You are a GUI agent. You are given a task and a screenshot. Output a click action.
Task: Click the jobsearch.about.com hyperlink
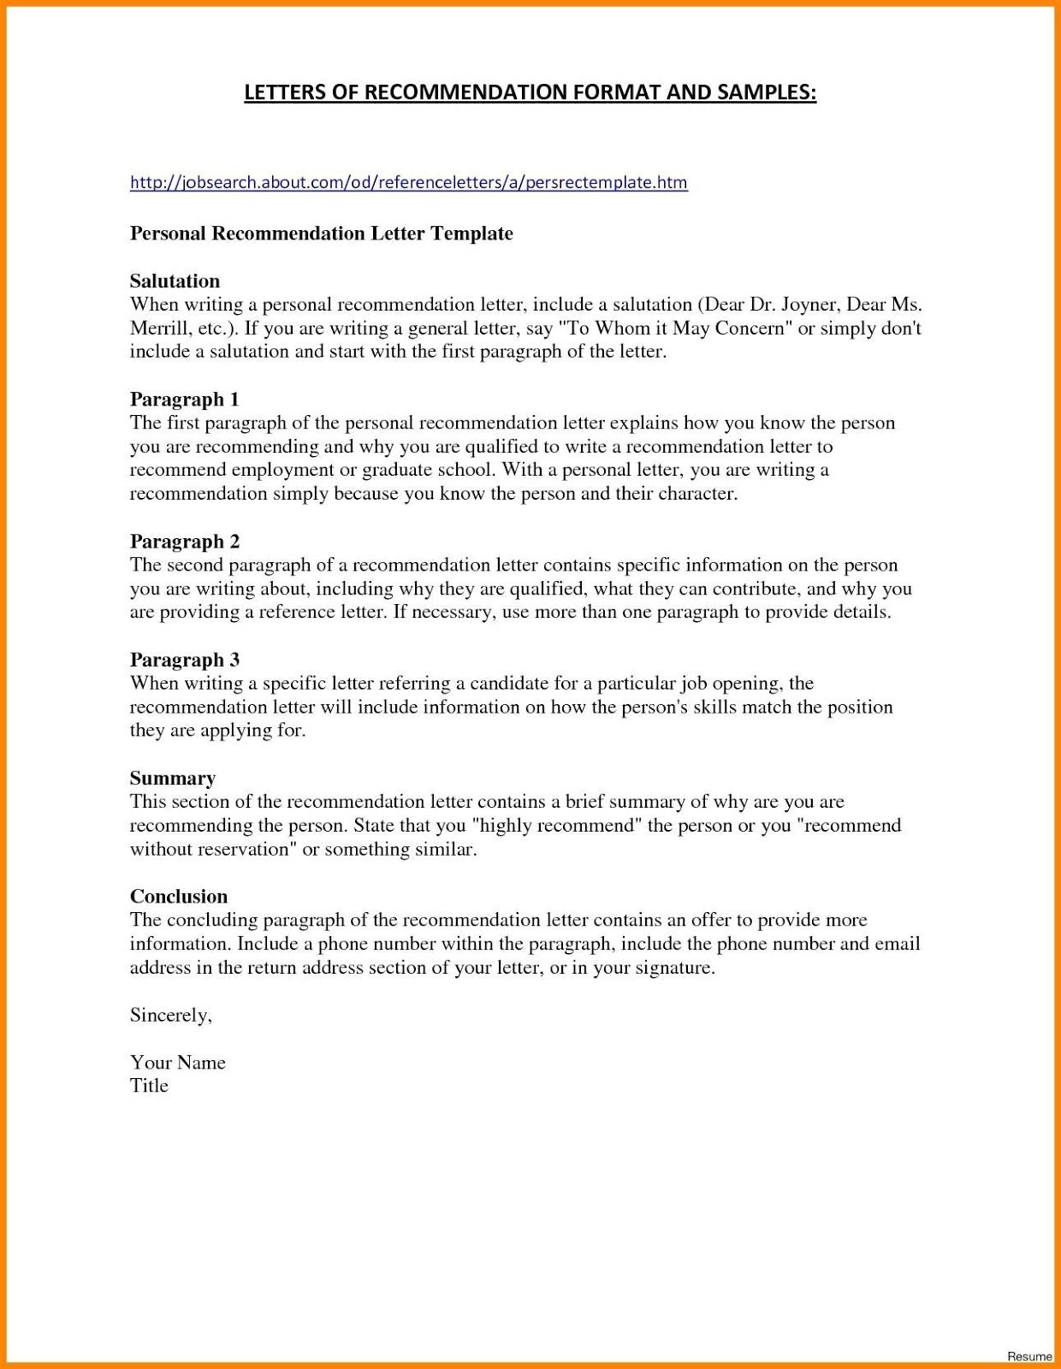[x=408, y=182]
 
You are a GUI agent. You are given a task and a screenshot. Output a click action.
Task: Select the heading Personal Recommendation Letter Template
[x=321, y=234]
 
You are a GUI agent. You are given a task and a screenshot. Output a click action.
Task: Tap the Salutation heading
[x=175, y=281]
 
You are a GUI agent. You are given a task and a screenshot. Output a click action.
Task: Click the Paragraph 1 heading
[x=184, y=399]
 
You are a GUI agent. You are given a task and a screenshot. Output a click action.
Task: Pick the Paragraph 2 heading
[x=185, y=541]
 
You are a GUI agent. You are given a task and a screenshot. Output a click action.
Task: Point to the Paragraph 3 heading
[x=185, y=660]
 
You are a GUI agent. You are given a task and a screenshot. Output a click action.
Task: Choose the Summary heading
[x=172, y=778]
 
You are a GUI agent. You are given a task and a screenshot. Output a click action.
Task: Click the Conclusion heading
[x=179, y=896]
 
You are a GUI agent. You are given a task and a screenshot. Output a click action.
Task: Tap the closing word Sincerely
[x=170, y=1015]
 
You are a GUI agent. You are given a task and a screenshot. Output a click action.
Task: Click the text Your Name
[x=177, y=1063]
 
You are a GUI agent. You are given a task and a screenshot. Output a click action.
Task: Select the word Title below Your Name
[x=149, y=1086]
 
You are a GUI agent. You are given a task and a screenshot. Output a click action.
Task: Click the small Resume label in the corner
[x=1029, y=1356]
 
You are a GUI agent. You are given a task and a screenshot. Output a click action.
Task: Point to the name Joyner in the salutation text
[x=809, y=305]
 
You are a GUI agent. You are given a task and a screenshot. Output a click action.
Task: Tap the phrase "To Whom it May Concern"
[x=676, y=329]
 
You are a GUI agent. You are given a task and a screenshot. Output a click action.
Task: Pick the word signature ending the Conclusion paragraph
[x=674, y=968]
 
